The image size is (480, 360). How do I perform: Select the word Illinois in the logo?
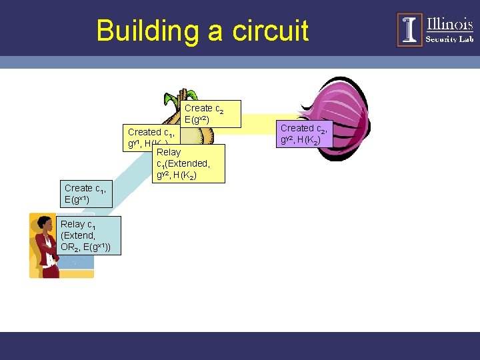[449, 24]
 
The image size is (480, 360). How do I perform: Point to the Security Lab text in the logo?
[449, 39]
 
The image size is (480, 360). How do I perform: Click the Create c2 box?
[211, 113]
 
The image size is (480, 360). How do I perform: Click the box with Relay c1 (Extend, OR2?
[88, 236]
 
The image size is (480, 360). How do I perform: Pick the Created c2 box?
[305, 133]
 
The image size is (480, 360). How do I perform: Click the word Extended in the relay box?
[191, 164]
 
